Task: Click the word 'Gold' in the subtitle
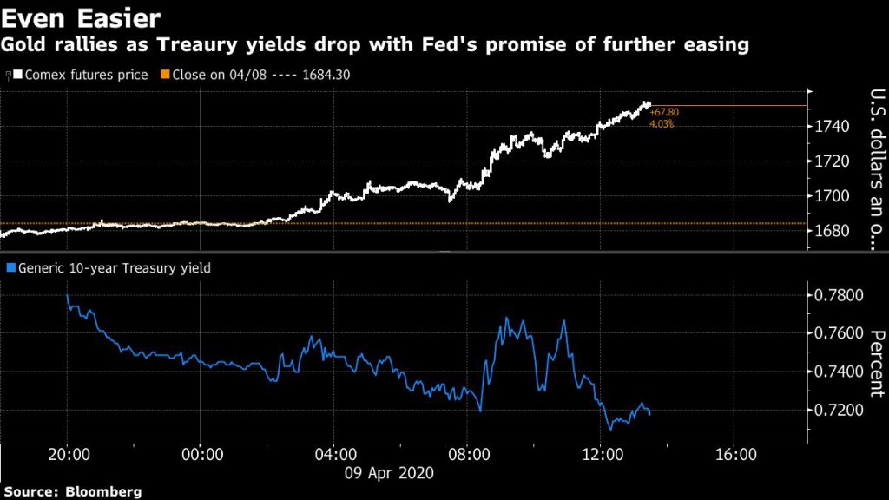pos(28,45)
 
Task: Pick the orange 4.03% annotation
pos(662,124)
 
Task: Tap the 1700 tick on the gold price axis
pos(833,196)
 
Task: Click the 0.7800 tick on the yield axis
pos(838,296)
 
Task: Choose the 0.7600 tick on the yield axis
pos(838,334)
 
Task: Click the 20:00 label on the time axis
pos(67,453)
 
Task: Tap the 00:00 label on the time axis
pos(201,453)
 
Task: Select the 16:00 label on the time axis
pos(734,453)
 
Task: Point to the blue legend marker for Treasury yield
pos(10,268)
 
